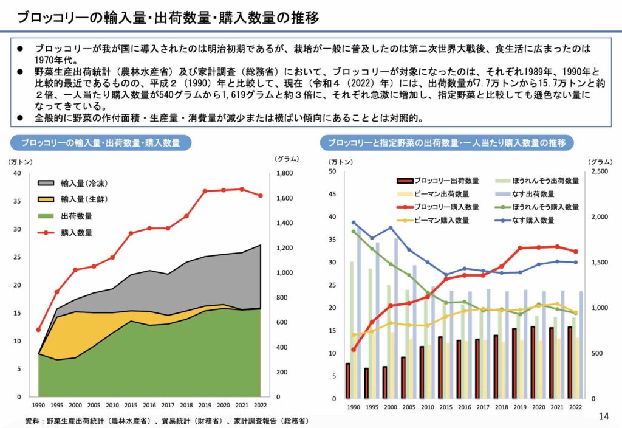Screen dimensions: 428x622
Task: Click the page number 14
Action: [x=603, y=416]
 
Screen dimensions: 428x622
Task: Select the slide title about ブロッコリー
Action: [x=167, y=17]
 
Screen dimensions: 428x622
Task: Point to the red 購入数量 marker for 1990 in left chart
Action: [x=39, y=330]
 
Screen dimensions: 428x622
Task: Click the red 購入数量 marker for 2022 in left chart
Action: [x=261, y=196]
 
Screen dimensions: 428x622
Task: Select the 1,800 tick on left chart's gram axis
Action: [x=285, y=174]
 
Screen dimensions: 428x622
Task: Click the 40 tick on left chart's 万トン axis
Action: [x=17, y=174]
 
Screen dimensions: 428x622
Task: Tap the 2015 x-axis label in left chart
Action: [x=131, y=405]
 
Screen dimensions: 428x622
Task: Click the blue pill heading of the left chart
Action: [x=101, y=143]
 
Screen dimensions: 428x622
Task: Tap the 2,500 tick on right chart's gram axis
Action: [x=598, y=172]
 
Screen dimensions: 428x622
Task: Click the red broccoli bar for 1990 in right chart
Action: [x=347, y=381]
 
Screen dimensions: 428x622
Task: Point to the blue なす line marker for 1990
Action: [x=354, y=223]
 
